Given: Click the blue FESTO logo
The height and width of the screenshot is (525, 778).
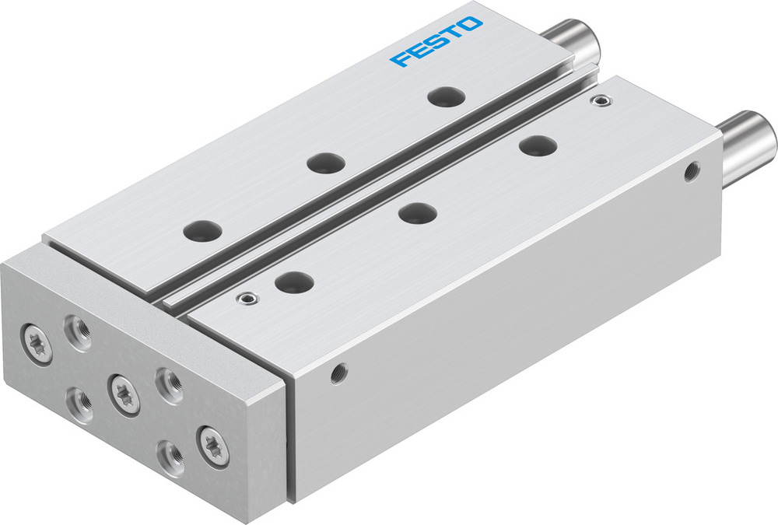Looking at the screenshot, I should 436,43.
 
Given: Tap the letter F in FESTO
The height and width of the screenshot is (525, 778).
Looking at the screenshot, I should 401,59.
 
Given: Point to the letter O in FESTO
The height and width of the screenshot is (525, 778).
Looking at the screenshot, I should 470,27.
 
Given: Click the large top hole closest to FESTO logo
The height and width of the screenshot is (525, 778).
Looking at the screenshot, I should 447,96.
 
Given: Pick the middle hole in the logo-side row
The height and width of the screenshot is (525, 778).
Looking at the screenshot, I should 325,163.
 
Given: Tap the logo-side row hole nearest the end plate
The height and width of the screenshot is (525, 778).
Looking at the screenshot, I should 202,230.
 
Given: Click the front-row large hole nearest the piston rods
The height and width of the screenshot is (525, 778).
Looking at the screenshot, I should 538,145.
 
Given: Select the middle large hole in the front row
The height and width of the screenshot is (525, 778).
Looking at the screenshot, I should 417,212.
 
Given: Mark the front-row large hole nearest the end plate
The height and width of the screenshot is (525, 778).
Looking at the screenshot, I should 294,281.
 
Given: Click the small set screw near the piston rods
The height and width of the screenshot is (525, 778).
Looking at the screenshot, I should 598,100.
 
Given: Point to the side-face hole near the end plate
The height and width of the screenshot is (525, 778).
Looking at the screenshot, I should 338,373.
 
